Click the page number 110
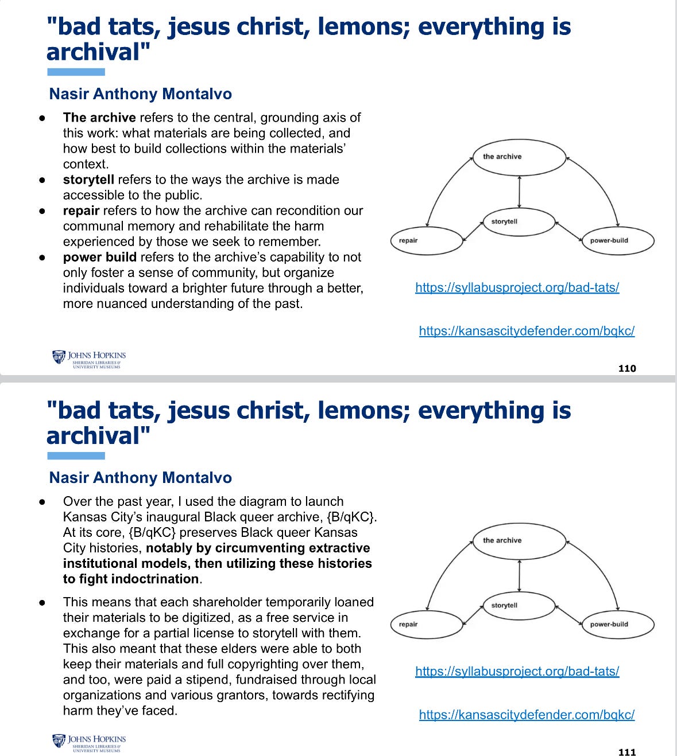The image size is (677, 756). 627,368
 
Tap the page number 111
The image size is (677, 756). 627,752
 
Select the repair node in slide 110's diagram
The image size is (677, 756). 426,240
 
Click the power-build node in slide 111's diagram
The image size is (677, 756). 618,624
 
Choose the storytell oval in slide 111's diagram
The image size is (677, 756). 519,605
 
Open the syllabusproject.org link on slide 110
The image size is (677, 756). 517,287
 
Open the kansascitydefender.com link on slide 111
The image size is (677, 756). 527,715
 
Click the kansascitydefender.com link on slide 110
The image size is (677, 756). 527,331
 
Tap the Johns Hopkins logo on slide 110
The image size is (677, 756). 89,358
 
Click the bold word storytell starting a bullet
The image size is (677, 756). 88,180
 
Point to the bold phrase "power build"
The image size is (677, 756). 99,257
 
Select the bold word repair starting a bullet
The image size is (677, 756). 81,211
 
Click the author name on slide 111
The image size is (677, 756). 140,478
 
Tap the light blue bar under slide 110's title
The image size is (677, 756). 76,72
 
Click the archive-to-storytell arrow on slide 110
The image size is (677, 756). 519,192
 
